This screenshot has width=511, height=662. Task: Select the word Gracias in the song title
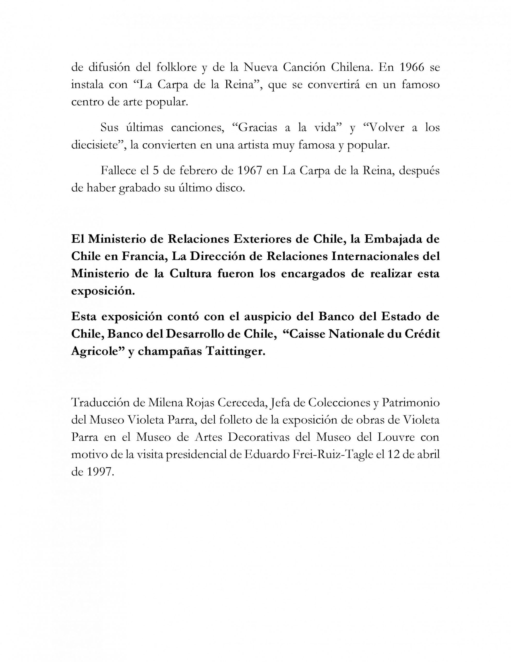(x=258, y=127)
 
